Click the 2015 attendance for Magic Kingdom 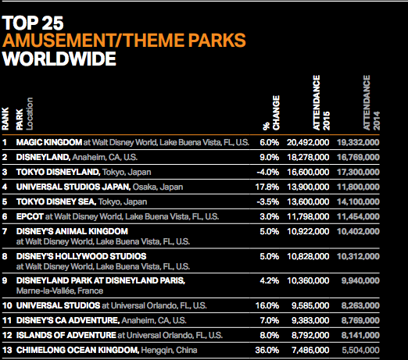click(x=308, y=142)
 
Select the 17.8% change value click(x=267, y=187)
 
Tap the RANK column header click(x=5, y=119)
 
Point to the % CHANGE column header click(x=271, y=112)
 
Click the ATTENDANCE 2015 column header click(x=321, y=103)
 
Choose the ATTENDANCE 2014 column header click(x=371, y=103)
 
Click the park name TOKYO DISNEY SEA click(x=56, y=201)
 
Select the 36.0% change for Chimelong click(x=267, y=350)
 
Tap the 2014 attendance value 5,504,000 click(x=360, y=350)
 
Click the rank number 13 click(x=7, y=350)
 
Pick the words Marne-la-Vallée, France click(x=59, y=290)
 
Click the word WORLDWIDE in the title click(x=59, y=59)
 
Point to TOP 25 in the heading click(x=33, y=23)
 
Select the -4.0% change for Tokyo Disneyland click(x=268, y=172)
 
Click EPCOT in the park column click(x=30, y=216)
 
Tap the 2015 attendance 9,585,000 click(x=310, y=305)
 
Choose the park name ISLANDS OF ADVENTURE click(x=66, y=335)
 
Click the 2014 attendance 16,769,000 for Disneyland click(x=358, y=157)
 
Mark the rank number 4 click(x=5, y=187)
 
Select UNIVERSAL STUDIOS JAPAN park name click(x=73, y=187)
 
